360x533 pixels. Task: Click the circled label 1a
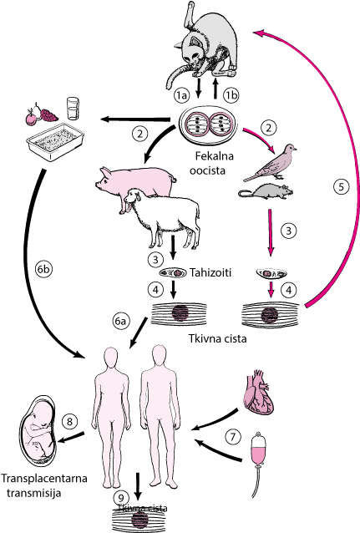coord(182,96)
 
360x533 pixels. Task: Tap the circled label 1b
coord(231,95)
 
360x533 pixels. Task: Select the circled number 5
coord(342,187)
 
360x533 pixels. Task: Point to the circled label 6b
coord(44,270)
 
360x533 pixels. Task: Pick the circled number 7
coord(233,437)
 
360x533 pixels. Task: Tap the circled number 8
coord(69,422)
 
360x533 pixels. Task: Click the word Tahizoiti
coord(210,272)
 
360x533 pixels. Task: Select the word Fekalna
coord(214,156)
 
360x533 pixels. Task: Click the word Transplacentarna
coord(44,478)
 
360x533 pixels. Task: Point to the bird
coord(270,162)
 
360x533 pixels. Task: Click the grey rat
coord(266,191)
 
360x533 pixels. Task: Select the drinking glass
coord(74,109)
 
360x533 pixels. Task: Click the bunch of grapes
coord(49,114)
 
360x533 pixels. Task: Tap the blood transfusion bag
coord(259,448)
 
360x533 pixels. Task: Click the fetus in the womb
coord(38,429)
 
